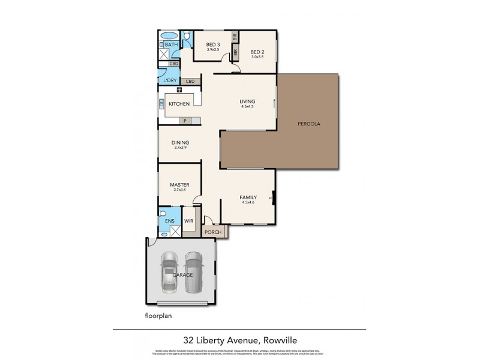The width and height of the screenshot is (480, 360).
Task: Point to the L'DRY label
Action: [x=170, y=80]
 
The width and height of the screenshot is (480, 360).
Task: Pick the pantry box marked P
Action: [x=185, y=121]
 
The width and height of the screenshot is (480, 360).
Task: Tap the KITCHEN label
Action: [x=179, y=104]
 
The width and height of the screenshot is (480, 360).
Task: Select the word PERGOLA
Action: [x=310, y=124]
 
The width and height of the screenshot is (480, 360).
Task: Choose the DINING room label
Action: [x=181, y=142]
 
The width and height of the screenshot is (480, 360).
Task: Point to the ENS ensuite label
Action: [x=170, y=221]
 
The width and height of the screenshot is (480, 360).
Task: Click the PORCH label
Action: [x=212, y=232]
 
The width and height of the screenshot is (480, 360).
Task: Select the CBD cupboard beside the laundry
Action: [x=190, y=81]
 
